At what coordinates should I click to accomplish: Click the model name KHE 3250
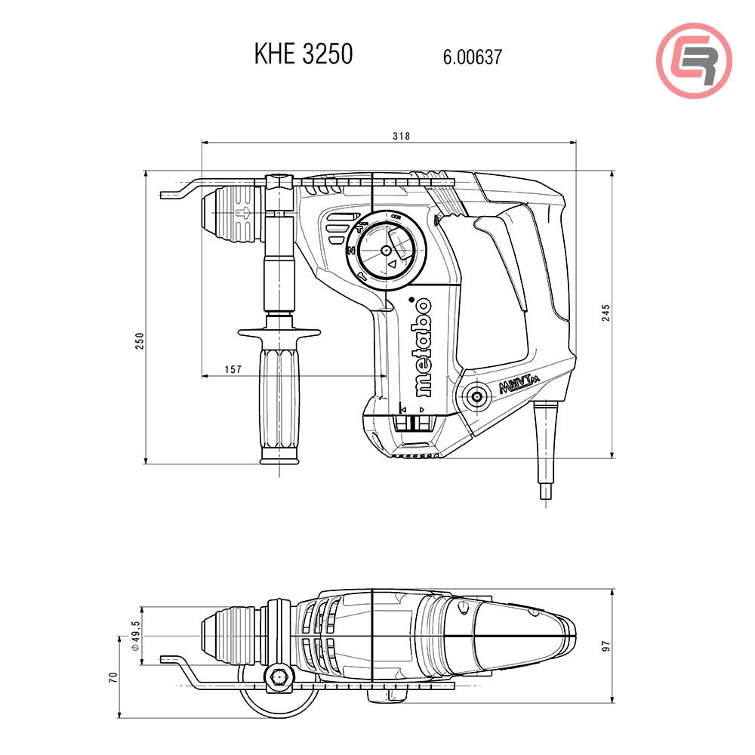click(304, 54)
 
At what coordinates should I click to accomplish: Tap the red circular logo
click(694, 60)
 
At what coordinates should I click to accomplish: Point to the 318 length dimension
click(402, 136)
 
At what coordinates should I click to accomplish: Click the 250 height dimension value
click(139, 341)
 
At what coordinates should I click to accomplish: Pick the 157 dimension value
click(233, 369)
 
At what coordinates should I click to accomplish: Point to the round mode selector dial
click(387, 249)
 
